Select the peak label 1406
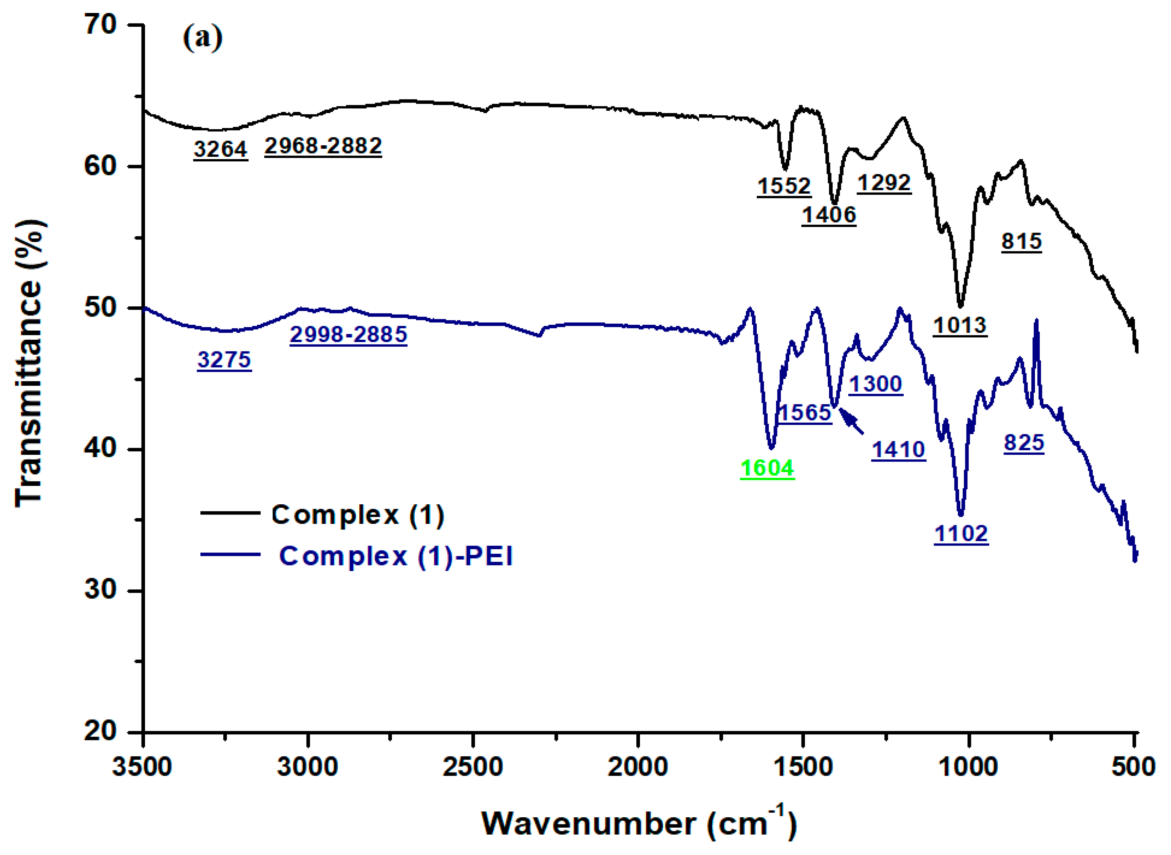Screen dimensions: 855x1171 point(829,215)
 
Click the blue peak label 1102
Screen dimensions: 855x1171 point(961,534)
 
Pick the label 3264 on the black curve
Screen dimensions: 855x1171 point(221,149)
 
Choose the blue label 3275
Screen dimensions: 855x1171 point(224,360)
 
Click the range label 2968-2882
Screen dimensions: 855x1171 point(323,146)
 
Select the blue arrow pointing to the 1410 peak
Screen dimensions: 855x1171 point(851,421)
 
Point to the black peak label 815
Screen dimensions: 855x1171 point(1021,241)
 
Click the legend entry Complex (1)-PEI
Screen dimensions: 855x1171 point(396,557)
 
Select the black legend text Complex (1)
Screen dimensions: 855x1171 point(357,515)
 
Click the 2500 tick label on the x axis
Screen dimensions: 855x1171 point(472,767)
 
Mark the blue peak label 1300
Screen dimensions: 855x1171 point(875,384)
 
